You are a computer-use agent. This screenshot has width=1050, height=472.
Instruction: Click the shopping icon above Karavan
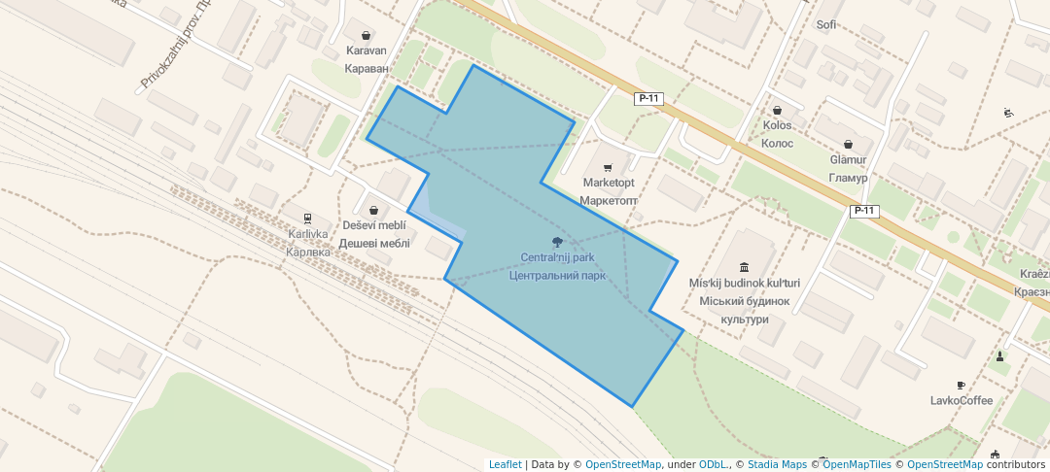tap(367, 34)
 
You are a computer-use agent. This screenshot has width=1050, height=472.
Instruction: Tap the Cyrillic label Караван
tap(367, 69)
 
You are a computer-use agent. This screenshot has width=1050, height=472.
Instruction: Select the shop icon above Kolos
tap(778, 110)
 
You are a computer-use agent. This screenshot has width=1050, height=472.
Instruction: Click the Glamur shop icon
tap(848, 144)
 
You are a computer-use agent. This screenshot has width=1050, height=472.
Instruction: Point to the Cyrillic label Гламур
tap(848, 177)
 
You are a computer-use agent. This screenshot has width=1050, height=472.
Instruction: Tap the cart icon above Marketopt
tap(609, 167)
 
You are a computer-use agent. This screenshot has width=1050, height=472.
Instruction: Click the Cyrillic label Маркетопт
tap(609, 200)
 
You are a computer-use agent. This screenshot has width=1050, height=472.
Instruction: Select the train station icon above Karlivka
tap(308, 219)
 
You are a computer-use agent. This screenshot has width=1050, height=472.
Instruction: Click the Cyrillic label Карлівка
tap(308, 252)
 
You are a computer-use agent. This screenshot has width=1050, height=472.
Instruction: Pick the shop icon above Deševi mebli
tap(373, 210)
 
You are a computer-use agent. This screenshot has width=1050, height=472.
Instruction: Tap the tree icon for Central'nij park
tap(557, 242)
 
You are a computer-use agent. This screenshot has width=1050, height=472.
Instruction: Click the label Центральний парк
tap(557, 275)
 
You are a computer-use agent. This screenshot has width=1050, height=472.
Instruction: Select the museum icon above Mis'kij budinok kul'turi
tap(745, 267)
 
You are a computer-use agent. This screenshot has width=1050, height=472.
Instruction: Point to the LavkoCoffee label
tap(962, 400)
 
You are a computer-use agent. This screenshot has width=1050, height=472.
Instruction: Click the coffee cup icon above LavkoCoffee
tap(962, 385)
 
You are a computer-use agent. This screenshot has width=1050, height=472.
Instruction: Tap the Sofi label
tap(826, 24)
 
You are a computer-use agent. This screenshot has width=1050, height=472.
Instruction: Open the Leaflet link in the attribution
tap(505, 464)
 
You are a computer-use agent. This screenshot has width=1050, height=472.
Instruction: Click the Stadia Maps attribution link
tap(777, 464)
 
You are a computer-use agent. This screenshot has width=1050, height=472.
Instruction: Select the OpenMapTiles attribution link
tap(857, 464)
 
